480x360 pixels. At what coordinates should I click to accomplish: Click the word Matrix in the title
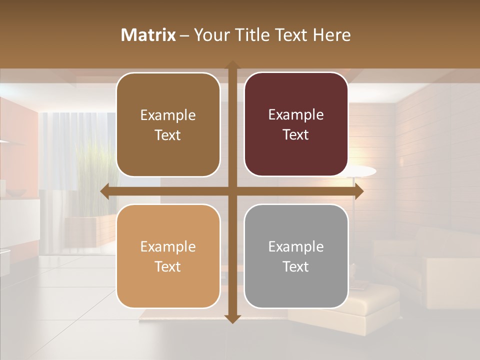(x=148, y=35)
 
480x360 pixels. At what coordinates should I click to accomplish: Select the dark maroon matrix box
(x=296, y=124)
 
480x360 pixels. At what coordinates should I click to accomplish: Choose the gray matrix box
(x=296, y=256)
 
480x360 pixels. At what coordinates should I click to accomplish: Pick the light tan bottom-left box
(x=168, y=256)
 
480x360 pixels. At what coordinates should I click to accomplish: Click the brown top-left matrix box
(x=168, y=124)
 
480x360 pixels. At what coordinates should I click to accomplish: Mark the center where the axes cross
(x=232, y=191)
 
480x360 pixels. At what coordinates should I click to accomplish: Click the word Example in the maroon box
(x=296, y=114)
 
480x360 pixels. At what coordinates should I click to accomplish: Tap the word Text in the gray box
(x=296, y=266)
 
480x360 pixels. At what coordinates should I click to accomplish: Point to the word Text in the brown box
(x=168, y=135)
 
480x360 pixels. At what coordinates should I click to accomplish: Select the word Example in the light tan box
(x=168, y=246)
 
